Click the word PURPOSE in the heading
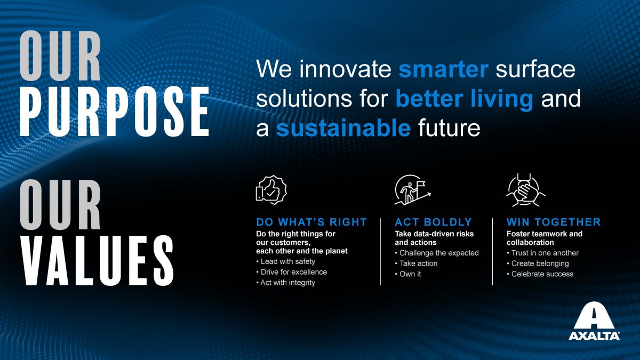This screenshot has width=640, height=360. coord(115,111)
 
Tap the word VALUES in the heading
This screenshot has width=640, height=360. coord(97,260)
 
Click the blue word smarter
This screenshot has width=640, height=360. coord(443,69)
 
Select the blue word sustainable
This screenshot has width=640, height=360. coord(343,128)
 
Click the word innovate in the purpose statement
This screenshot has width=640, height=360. coord(345,69)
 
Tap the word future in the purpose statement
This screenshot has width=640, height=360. coord(449,128)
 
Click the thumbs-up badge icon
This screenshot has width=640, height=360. coord(271,190)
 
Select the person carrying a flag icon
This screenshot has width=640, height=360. coord(413,190)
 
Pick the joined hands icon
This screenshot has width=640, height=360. coord(526,190)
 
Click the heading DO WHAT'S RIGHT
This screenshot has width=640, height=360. coord(311,222)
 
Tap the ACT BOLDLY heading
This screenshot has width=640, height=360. coord(433,222)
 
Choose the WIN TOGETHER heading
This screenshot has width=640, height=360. coord(554,222)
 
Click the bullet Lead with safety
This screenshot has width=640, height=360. coord(286,261)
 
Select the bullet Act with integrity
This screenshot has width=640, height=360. coord(286,283)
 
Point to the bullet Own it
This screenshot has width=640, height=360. coord(408,274)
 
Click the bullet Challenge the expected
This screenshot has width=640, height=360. coord(437,253)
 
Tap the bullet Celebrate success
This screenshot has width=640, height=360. coord(540,274)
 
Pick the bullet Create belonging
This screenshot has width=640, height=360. coord(538,263)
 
